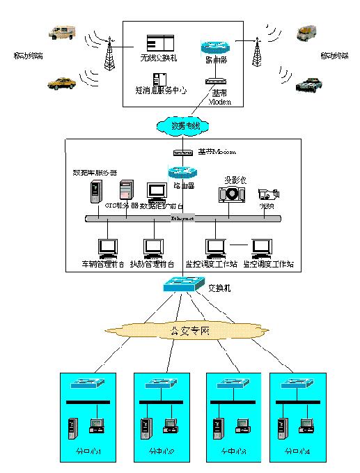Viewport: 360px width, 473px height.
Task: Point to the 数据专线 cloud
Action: pos(185,125)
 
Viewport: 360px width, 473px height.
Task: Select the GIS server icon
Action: pos(126,189)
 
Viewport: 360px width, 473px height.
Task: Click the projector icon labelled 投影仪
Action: pos(232,192)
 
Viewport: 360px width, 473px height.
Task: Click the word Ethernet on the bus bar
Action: pos(184,219)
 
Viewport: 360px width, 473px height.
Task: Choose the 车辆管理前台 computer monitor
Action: pos(107,247)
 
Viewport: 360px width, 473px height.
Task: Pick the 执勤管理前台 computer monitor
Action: pos(152,247)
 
